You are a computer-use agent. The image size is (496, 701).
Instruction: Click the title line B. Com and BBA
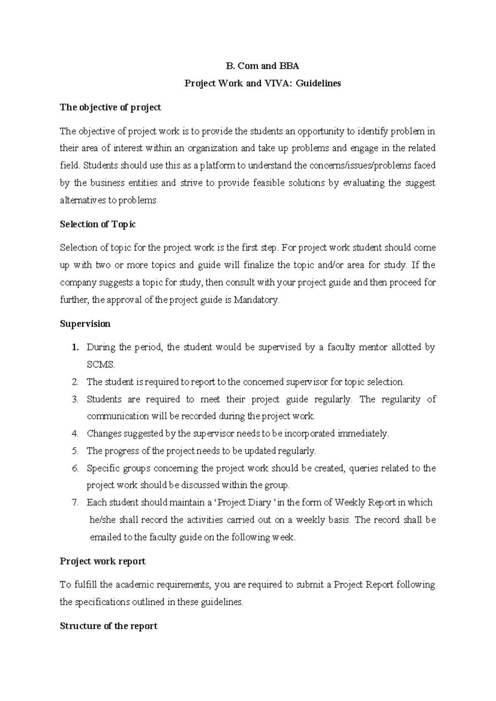[x=262, y=66]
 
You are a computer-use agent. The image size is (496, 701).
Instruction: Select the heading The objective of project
[x=110, y=108]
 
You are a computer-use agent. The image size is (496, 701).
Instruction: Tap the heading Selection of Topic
[x=98, y=224]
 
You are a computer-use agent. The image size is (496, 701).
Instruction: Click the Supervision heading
[x=85, y=324]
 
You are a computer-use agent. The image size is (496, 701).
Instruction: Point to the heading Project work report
[x=103, y=561]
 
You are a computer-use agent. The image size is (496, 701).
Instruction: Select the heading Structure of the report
[x=108, y=626]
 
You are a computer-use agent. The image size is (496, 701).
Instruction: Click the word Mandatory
[x=256, y=300]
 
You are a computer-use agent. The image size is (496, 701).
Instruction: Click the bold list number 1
[x=75, y=348]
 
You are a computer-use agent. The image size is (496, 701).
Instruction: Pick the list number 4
[x=75, y=434]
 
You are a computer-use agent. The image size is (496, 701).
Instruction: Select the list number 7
[x=75, y=503]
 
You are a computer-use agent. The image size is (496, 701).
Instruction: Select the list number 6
[x=75, y=468]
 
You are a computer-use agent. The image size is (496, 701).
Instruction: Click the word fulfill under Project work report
[x=86, y=585]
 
